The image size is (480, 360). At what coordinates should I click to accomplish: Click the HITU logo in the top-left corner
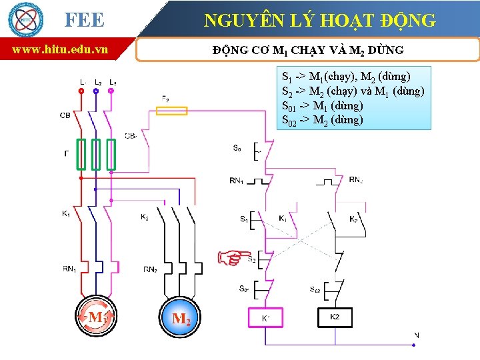[25, 19]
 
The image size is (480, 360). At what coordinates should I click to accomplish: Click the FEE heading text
[84, 20]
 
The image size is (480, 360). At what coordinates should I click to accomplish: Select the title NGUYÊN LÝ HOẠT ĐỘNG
[319, 21]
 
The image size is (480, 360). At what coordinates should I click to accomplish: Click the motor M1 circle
[96, 317]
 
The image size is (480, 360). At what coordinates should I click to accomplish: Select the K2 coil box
[335, 317]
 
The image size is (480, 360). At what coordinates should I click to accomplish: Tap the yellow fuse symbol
[174, 111]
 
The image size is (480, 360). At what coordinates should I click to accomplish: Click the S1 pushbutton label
[244, 219]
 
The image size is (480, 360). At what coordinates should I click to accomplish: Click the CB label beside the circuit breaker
[65, 115]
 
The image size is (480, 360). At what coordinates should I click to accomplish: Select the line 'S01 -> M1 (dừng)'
[323, 105]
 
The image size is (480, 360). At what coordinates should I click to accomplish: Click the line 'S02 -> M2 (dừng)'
[323, 120]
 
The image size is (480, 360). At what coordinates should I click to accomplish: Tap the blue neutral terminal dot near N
[416, 345]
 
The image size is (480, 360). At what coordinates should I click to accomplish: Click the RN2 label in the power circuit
[151, 269]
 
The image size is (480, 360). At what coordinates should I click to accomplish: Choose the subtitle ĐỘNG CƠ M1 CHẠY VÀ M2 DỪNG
[308, 50]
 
